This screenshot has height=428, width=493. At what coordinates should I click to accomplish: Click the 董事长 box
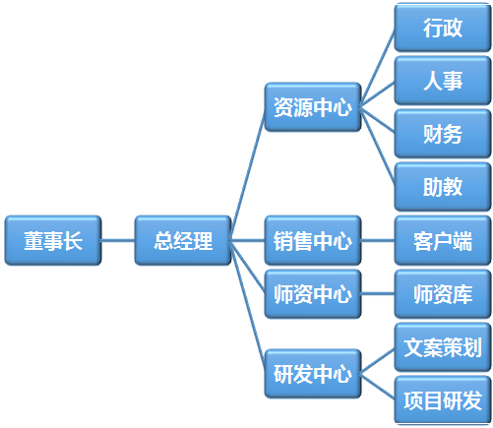(53, 240)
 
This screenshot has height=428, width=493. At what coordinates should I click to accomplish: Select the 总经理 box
(183, 240)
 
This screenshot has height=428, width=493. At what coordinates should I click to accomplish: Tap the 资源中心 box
(313, 107)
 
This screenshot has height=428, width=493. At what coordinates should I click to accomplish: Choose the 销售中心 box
(313, 240)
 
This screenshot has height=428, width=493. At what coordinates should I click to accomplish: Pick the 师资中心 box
(313, 294)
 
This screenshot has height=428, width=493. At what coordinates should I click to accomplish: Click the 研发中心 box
(313, 374)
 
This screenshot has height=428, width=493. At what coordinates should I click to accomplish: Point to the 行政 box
(443, 28)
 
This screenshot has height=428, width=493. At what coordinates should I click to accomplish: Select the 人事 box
(443, 81)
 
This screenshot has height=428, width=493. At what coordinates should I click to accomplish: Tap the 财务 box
(443, 134)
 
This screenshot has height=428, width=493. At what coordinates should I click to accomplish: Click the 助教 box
(443, 187)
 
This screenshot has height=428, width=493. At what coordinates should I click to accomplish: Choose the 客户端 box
(443, 240)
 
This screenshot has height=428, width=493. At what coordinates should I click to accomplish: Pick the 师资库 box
(443, 294)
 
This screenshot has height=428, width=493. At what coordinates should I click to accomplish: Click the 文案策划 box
(443, 347)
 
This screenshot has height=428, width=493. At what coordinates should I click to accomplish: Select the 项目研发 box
(443, 400)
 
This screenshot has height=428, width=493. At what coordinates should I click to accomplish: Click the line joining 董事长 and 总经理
(118, 240)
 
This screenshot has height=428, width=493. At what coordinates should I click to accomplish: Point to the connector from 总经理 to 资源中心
(248, 174)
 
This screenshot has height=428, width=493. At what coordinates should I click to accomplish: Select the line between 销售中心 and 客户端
(378, 240)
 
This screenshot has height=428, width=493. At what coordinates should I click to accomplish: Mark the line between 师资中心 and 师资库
(378, 294)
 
